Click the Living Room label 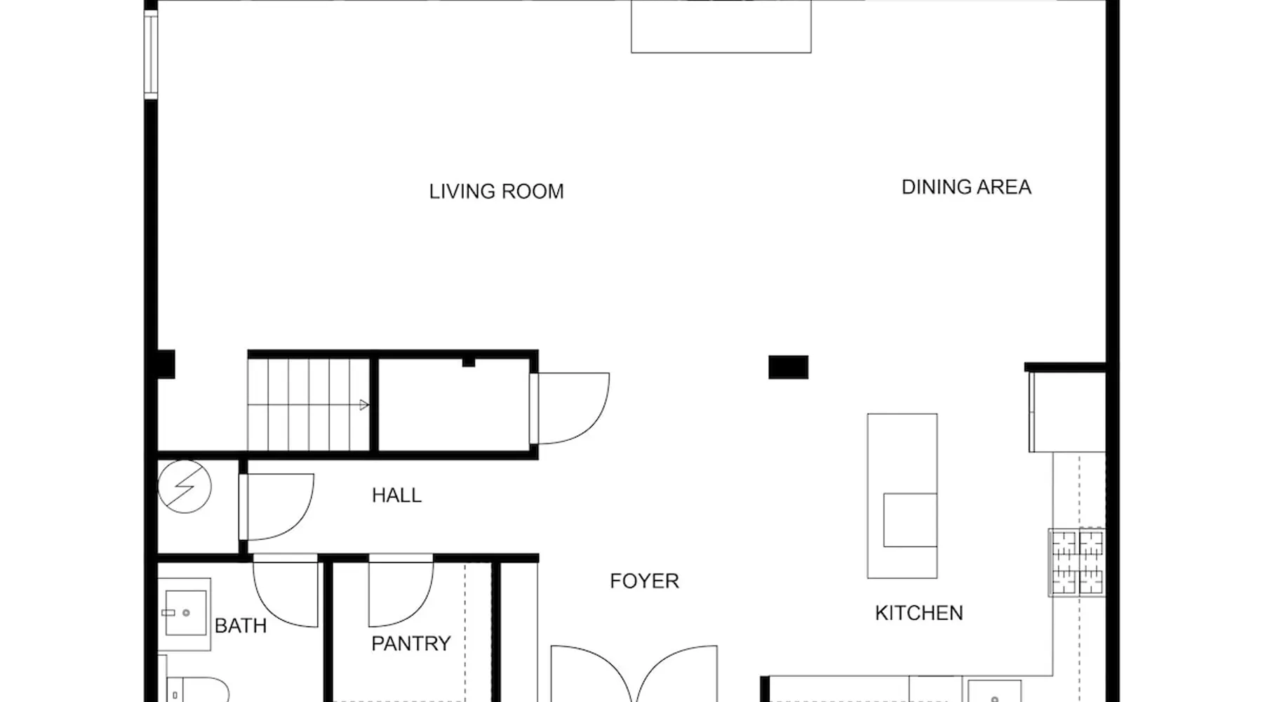[496, 191]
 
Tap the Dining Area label [966, 187]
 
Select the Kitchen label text [918, 613]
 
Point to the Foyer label [644, 581]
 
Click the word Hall [396, 495]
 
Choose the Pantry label [410, 643]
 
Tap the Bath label [240, 625]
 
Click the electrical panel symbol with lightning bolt [185, 486]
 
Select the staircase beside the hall [308, 404]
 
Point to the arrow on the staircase [364, 405]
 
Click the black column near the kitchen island [788, 367]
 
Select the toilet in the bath [199, 689]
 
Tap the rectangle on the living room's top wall [721, 27]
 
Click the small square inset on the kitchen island [910, 520]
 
